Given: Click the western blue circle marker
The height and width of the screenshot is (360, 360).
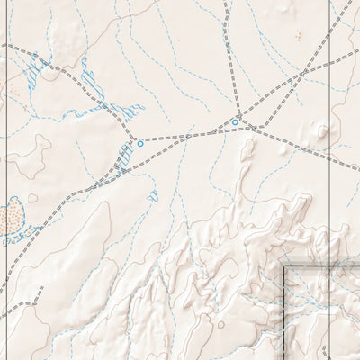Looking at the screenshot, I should pyautogui.click(x=139, y=143).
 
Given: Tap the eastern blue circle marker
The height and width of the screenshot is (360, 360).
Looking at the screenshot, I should pyautogui.click(x=235, y=121).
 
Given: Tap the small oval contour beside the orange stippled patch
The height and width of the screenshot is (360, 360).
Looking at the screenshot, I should pyautogui.click(x=33, y=198).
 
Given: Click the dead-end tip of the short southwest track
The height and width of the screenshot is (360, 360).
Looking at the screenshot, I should pyautogui.click(x=40, y=290).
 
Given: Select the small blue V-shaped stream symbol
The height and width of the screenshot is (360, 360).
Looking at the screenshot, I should pyautogui.click(x=152, y=195).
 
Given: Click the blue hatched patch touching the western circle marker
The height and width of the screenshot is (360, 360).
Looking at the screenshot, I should pyautogui.click(x=124, y=158).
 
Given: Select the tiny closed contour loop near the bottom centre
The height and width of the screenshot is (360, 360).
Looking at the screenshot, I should pyautogui.click(x=220, y=324).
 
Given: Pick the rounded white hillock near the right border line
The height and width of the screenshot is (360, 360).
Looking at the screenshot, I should pyautogui.click(x=322, y=131).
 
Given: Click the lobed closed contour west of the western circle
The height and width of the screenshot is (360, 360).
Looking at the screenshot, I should pyautogui.click(x=31, y=153).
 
